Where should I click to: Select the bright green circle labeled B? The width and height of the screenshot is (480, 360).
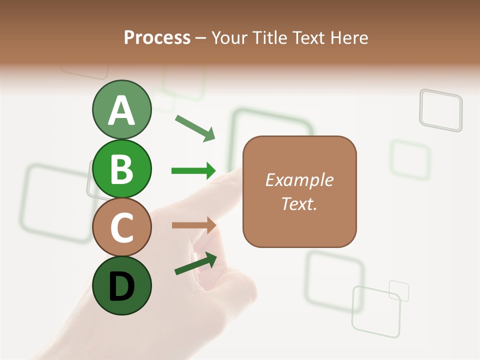(x=121, y=169)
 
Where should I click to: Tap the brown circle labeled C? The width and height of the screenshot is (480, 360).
(x=121, y=227)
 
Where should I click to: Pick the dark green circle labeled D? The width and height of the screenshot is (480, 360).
(x=121, y=285)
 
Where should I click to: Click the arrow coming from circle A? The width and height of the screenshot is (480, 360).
(x=195, y=127)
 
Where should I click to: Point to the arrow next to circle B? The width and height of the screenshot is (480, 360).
(x=193, y=171)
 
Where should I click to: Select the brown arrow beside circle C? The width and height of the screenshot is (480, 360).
(x=193, y=225)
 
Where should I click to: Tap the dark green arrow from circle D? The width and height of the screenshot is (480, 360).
(x=195, y=263)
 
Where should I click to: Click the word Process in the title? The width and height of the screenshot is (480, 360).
(x=157, y=38)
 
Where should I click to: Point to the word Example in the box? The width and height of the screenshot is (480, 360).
(x=299, y=180)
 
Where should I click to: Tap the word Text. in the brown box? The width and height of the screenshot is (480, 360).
(x=299, y=203)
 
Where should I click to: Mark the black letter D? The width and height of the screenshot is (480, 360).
(x=121, y=287)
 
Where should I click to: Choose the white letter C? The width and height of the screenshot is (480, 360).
(x=121, y=228)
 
